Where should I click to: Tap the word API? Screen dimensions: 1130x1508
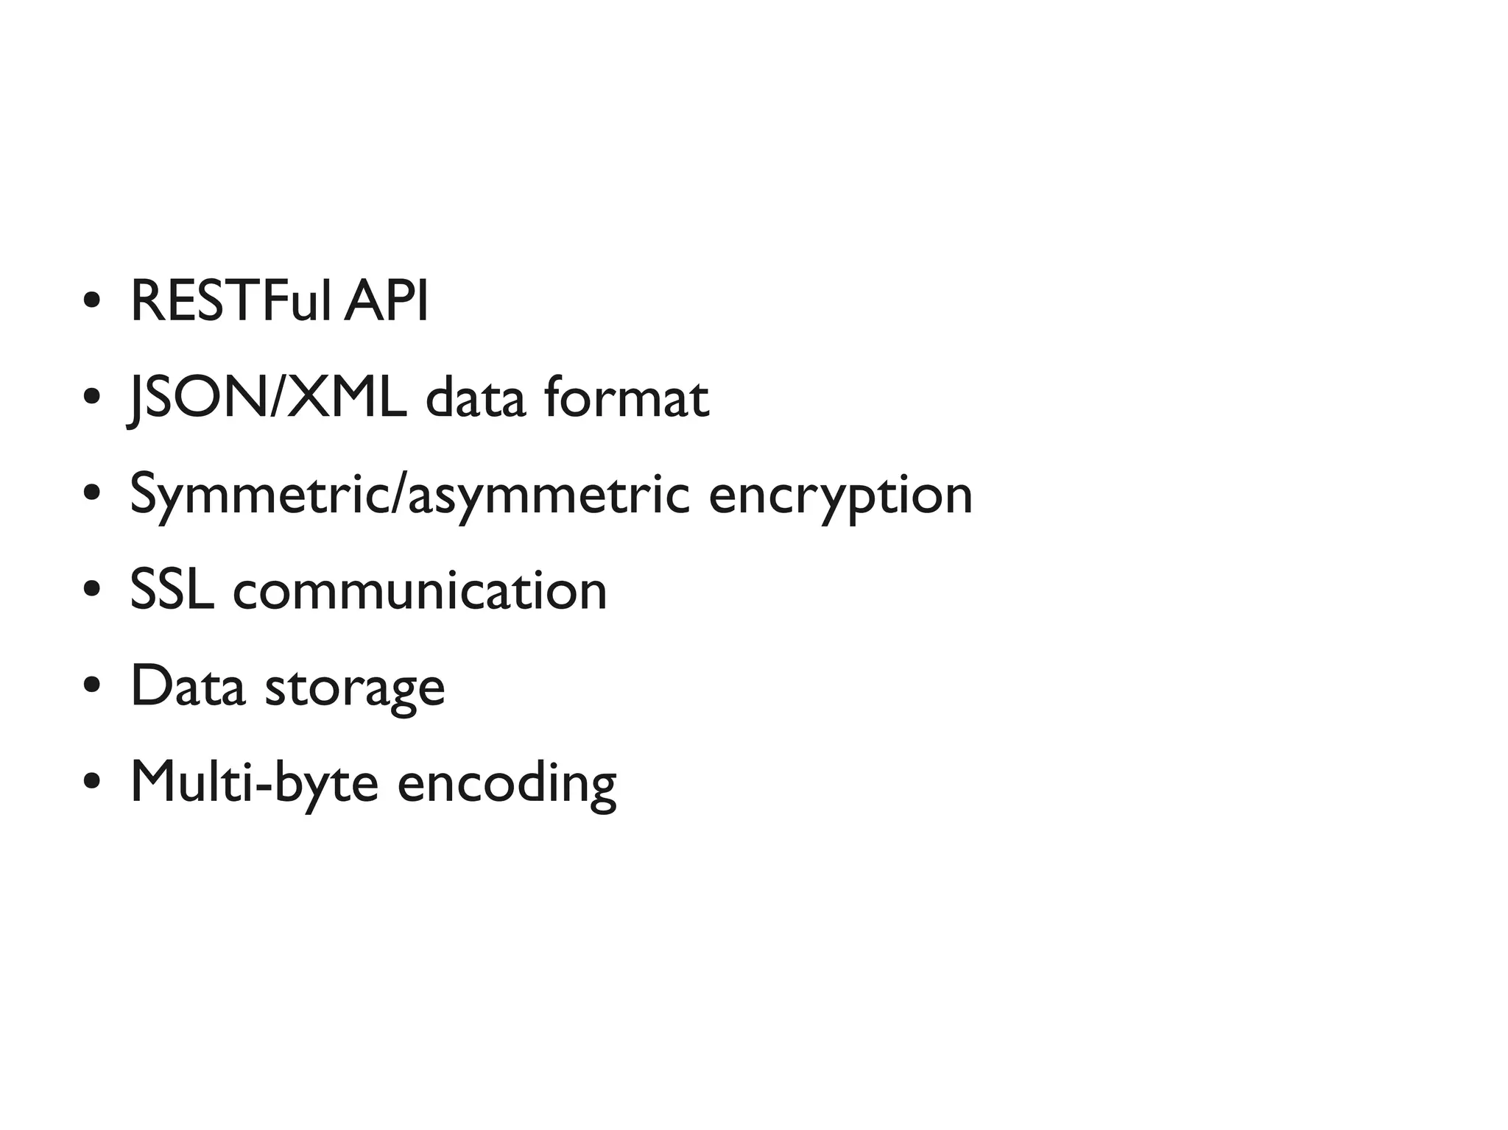(x=386, y=301)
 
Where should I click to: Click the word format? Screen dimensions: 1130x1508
(x=626, y=398)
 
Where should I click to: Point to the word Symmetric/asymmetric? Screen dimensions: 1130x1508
(x=409, y=495)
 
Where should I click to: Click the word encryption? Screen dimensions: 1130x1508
(x=840, y=495)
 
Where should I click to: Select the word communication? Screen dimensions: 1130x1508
(x=420, y=590)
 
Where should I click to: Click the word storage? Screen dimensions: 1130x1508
(x=354, y=688)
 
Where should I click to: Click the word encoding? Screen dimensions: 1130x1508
(x=507, y=783)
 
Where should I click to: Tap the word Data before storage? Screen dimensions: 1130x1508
(x=187, y=686)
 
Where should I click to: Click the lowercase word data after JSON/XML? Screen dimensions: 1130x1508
(x=476, y=398)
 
